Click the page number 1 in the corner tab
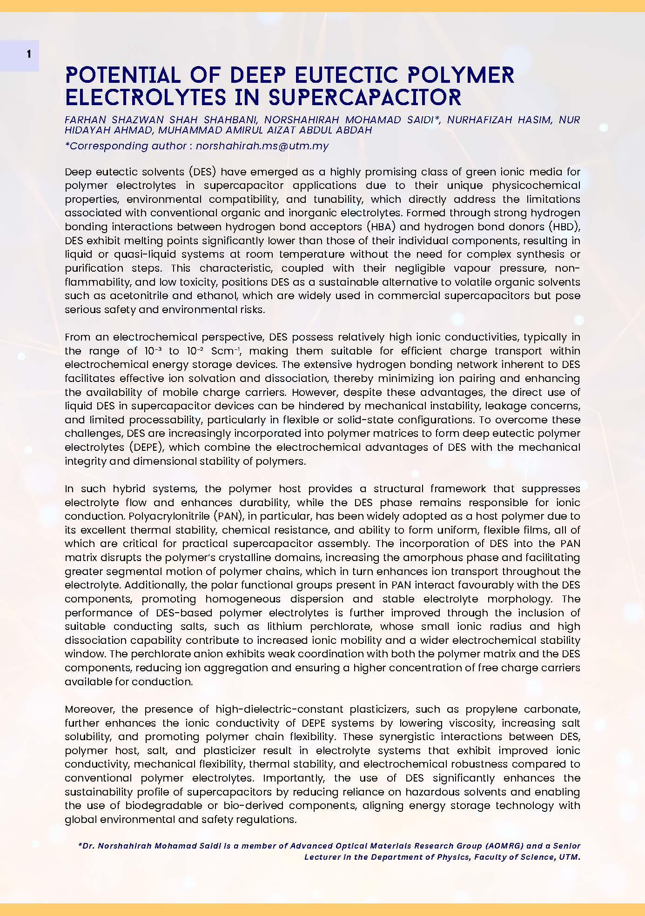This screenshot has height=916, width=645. pos(29,54)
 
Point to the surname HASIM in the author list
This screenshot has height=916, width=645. pos(536,120)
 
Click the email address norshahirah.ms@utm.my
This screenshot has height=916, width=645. pos(262,146)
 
